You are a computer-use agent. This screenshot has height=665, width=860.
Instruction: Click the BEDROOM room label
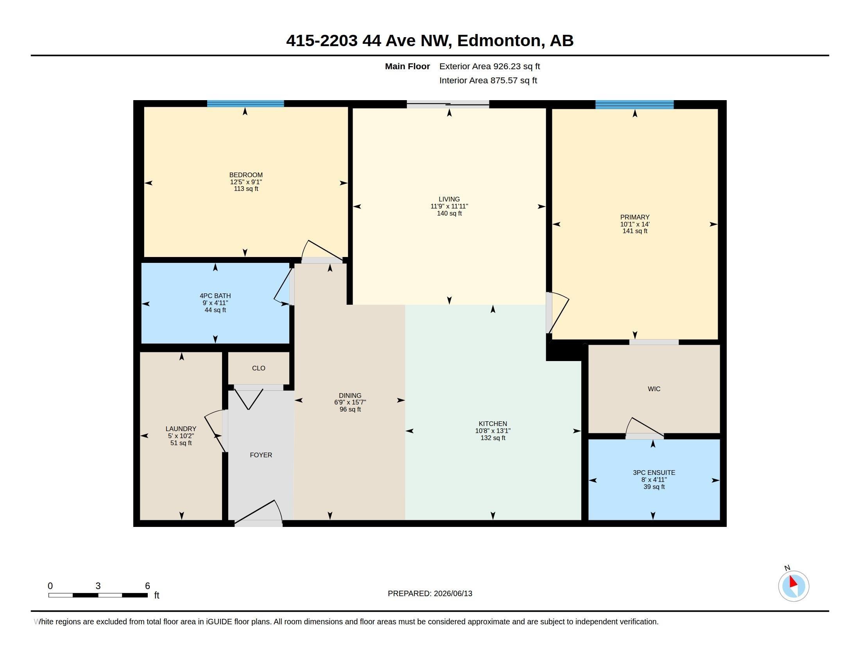246,175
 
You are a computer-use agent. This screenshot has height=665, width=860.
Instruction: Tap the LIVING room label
449,199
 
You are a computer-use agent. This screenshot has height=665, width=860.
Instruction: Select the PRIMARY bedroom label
635,217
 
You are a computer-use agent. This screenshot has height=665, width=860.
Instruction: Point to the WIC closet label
654,389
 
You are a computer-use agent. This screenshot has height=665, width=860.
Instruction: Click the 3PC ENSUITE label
654,473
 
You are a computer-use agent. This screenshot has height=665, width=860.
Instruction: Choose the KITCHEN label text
493,424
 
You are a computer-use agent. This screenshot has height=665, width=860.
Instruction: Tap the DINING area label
350,395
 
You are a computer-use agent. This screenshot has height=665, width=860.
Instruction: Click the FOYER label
261,455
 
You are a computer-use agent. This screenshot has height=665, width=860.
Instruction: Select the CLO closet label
259,368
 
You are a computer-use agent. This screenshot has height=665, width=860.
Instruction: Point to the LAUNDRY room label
181,429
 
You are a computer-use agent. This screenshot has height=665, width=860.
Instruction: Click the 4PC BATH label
215,296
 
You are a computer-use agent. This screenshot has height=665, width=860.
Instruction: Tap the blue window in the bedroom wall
245,104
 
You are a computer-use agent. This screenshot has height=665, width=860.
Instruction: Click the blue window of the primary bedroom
634,104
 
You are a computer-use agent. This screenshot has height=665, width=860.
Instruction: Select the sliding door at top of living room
448,104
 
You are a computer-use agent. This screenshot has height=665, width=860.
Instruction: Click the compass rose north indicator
794,586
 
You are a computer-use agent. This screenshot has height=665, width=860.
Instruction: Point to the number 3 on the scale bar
98,586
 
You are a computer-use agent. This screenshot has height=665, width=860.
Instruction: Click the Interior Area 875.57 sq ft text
488,80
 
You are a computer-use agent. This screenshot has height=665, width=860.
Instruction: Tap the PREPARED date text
430,593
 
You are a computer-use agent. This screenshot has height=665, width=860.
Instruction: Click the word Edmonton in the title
499,41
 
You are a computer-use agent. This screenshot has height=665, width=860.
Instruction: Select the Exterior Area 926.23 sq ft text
489,66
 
